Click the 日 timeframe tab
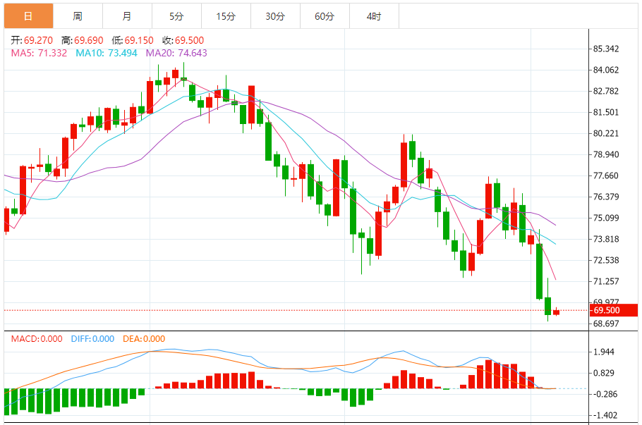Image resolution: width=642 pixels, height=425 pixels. pos(28,16)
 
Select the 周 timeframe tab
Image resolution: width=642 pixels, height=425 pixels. pos(78,16)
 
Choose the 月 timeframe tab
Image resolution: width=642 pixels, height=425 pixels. pos(127,16)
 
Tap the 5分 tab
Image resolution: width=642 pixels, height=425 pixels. pos(176,16)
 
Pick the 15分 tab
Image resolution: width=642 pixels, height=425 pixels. pos(226,16)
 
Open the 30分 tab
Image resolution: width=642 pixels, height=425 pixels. pos(275,16)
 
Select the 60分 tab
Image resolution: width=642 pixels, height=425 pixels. pos(325,16)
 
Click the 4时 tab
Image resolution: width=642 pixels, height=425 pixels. pos(374,16)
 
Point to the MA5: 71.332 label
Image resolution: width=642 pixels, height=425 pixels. pos(40,53)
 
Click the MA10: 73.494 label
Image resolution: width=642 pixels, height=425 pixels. pos(107,53)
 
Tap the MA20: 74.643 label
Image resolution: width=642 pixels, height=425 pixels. pos(176,53)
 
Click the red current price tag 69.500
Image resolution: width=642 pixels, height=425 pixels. pos(614,310)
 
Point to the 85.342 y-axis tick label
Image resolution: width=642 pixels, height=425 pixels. pos(607,49)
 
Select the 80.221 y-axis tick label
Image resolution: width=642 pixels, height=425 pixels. pos(607,133)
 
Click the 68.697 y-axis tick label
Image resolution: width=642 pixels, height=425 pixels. pos(607,324)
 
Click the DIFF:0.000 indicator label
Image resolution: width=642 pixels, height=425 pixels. pos(92,339)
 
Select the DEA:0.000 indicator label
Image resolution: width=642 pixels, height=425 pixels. pos(144,339)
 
